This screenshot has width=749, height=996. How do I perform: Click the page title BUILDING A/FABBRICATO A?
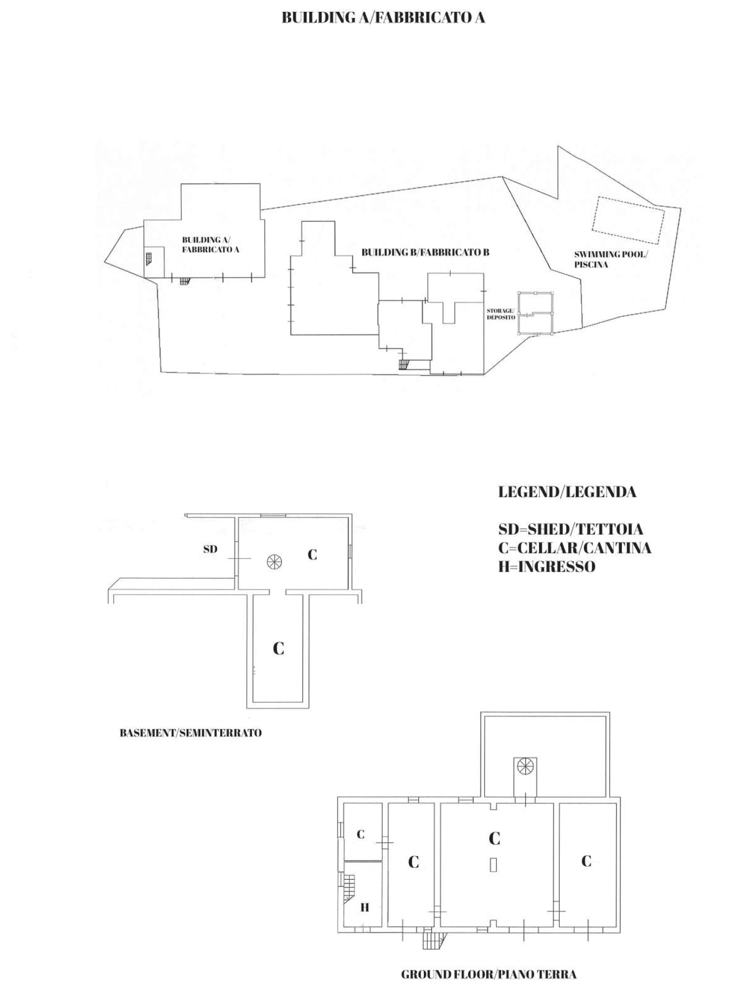point(383,18)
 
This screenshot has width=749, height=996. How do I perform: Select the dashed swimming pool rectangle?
point(628,220)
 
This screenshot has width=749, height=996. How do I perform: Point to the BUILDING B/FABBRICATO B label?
point(425,253)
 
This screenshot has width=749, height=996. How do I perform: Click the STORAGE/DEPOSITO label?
point(501,314)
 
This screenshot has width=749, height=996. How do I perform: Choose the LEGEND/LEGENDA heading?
point(567,492)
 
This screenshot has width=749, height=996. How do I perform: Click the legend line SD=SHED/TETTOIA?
point(570,529)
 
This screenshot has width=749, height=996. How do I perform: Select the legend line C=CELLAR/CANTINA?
point(575,548)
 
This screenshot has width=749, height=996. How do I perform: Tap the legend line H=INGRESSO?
point(547,567)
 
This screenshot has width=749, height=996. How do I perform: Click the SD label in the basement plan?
point(210,549)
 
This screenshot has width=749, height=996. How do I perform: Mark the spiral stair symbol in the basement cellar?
point(274,561)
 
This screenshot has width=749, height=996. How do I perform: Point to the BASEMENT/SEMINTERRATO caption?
point(190,733)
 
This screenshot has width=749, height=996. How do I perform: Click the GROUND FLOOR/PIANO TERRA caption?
point(489,974)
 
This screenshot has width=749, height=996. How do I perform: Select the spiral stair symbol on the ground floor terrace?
point(525,766)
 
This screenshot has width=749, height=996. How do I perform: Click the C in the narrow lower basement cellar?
point(278,648)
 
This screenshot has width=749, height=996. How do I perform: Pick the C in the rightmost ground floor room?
point(586,861)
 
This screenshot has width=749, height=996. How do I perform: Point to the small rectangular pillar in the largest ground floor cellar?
point(494,864)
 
